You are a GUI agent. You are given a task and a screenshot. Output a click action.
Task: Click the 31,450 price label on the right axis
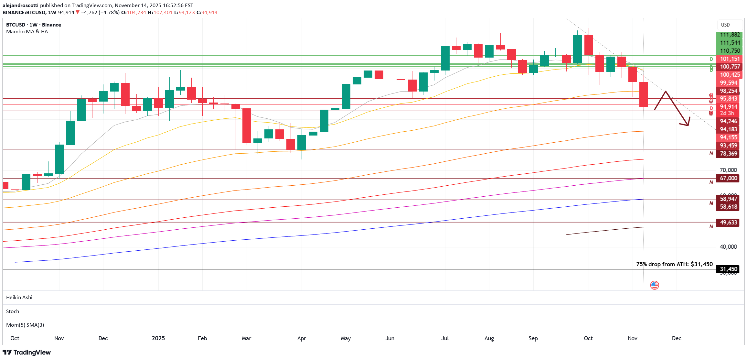[728, 269]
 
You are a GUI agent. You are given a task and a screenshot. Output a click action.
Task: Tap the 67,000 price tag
[728, 178]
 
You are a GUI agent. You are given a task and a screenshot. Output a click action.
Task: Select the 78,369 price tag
[728, 154]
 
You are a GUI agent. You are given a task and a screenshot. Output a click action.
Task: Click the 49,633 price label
[728, 223]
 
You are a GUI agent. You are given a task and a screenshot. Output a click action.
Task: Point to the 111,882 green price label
[730, 35]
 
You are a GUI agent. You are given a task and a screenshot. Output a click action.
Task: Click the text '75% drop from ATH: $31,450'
[674, 264]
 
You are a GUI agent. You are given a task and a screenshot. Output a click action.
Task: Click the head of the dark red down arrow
[687, 123]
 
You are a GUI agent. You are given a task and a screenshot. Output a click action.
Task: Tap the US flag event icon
[655, 285]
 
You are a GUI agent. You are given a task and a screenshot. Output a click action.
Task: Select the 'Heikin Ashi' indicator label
[19, 297]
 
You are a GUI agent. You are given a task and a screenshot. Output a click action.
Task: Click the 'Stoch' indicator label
[13, 311]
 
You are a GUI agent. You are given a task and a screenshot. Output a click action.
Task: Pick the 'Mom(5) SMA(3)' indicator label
[25, 325]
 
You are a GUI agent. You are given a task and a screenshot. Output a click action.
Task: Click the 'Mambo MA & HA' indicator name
[27, 32]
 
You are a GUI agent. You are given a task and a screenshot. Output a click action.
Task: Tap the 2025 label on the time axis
[158, 338]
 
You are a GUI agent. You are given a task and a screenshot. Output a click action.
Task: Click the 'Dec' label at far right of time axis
[677, 338]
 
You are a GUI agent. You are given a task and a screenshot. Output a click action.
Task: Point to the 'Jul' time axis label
[445, 338]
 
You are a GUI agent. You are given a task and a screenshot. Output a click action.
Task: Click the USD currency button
[725, 25]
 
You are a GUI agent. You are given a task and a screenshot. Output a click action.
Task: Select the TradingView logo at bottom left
[27, 352]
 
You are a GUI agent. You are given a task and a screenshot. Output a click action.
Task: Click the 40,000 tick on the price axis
[728, 247]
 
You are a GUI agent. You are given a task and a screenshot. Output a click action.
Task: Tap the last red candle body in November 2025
[644, 94]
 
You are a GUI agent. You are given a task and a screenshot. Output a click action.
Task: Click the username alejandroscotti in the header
[20, 5]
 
